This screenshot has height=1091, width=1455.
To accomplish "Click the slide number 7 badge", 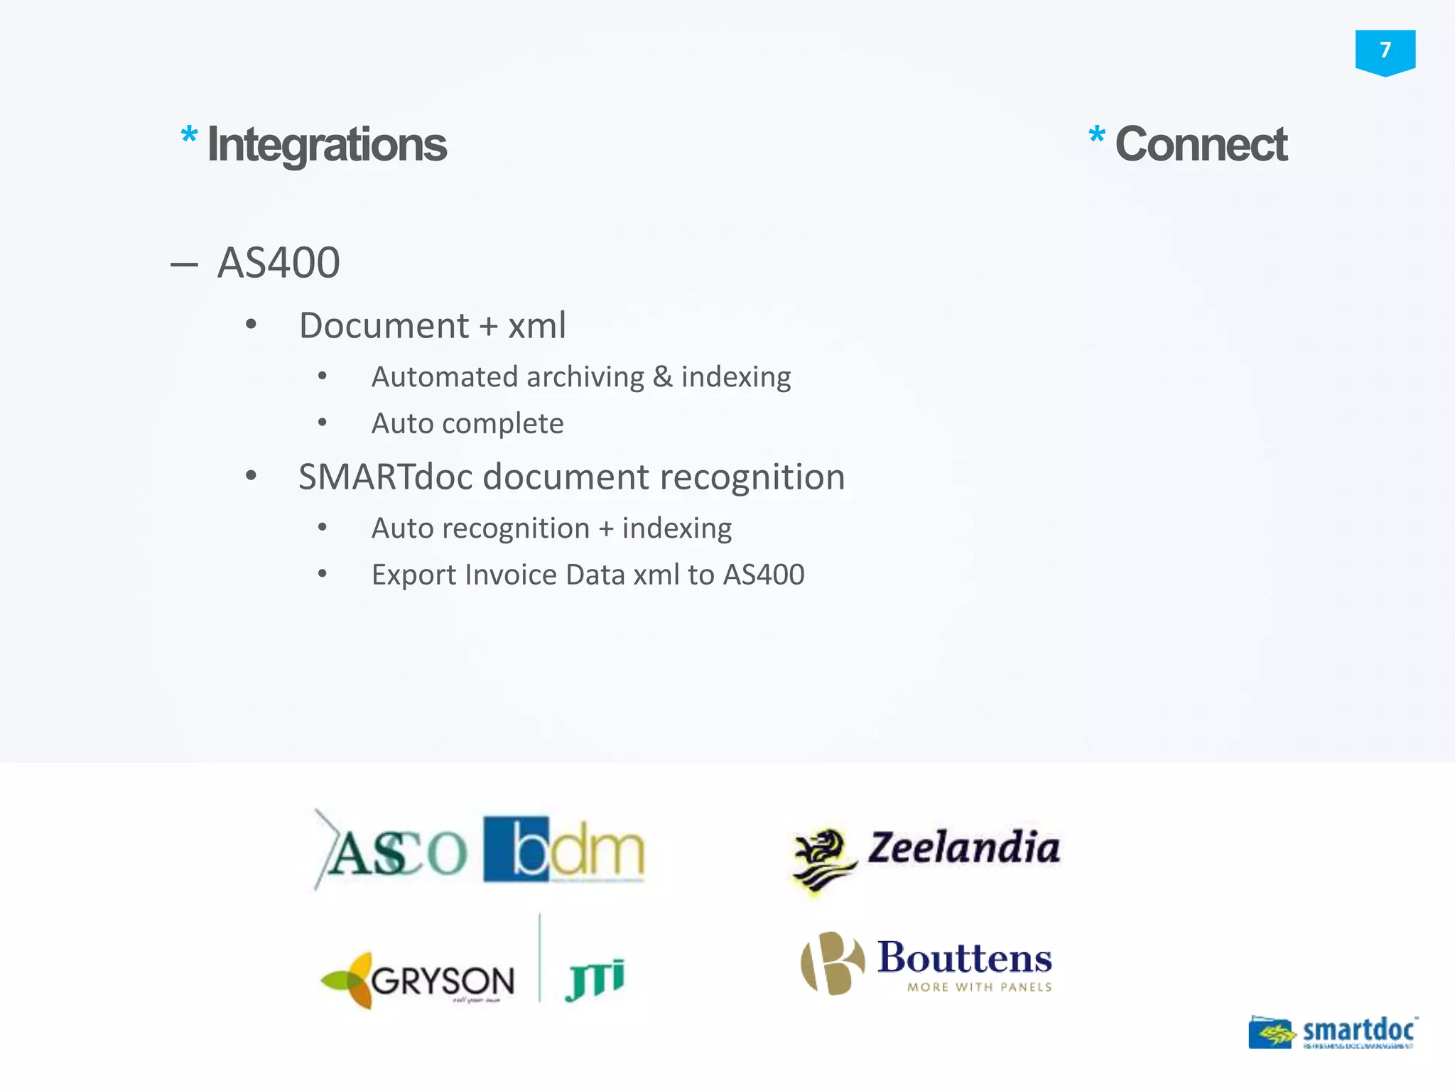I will tap(1385, 51).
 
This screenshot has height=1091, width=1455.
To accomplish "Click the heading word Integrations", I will tap(327, 145).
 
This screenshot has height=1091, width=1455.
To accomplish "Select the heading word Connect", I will tap(1201, 145).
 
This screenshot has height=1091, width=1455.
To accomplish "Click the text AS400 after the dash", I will tap(278, 263).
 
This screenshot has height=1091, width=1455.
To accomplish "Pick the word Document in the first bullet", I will tap(384, 326).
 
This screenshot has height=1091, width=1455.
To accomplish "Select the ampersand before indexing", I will tap(662, 376).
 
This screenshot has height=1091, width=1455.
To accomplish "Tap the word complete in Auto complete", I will tap(502, 424).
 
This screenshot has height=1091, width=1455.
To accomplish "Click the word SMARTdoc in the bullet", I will tap(385, 477).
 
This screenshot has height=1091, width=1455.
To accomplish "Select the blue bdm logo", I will tap(563, 849).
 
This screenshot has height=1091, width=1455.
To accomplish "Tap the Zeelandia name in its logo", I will tap(963, 848).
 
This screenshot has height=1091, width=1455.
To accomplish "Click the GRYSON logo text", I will tap(442, 982).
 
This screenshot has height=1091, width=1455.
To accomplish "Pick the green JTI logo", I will tap(595, 978).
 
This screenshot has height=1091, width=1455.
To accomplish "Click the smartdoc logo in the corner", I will tap(1334, 1032).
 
